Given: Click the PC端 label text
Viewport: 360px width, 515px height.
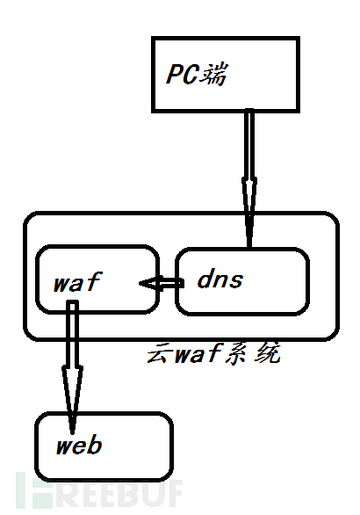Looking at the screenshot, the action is point(197,74).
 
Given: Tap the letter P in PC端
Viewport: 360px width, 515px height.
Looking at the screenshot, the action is point(174,74).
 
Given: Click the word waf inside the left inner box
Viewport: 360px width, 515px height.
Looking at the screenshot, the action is point(77,281).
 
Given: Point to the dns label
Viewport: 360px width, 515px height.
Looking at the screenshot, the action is point(220,279).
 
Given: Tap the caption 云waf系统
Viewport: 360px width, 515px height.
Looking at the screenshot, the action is point(213,353).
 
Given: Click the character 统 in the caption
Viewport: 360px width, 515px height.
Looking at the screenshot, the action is point(268,353).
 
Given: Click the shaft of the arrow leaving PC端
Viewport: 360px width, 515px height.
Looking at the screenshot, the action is point(249,143).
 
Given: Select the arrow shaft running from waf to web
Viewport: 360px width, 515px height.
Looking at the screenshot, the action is point(73,334).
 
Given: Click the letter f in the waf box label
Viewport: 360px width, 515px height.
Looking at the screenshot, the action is point(94,281).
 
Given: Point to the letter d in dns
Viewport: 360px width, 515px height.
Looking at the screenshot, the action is point(205,279).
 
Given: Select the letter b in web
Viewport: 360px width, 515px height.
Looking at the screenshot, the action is point(95,445).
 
